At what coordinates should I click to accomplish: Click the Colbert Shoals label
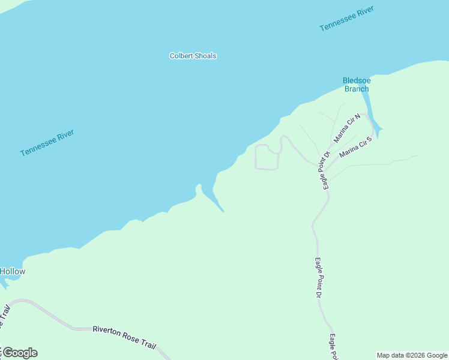(193, 56)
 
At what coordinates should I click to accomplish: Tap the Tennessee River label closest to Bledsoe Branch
(346, 19)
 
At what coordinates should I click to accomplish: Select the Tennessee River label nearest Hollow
(47, 143)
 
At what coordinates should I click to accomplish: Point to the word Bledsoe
(356, 80)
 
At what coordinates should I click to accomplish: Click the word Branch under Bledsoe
(357, 89)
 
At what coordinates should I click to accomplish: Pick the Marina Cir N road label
(347, 128)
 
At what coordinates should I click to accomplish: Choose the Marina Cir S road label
(356, 148)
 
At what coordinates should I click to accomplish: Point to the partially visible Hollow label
(13, 272)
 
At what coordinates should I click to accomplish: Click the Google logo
(20, 353)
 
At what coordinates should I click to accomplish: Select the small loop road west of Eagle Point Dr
(267, 157)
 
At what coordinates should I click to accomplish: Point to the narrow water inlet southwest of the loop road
(212, 199)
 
